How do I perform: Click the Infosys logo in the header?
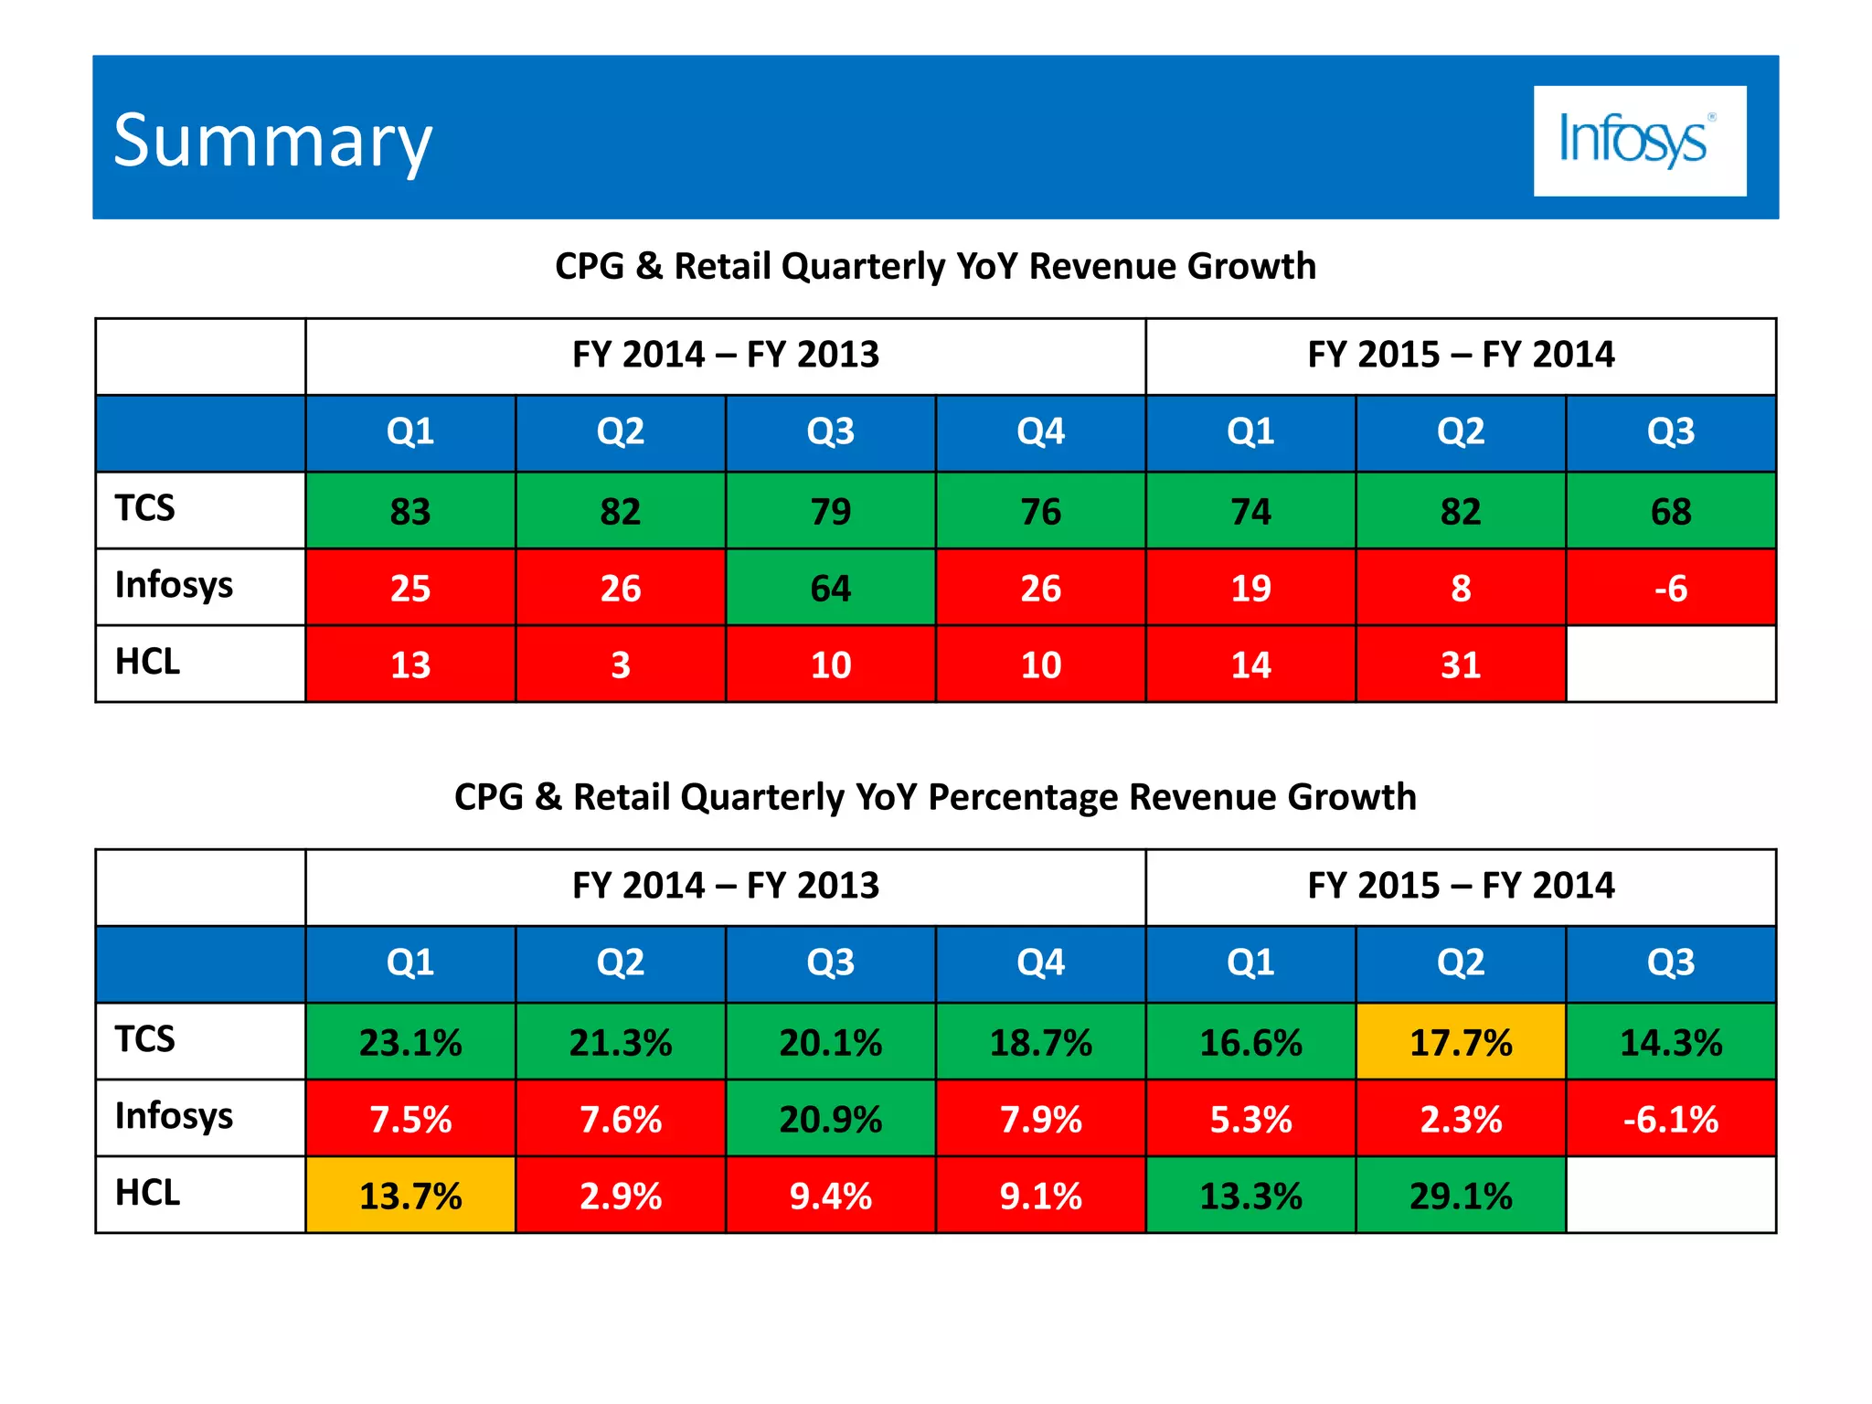pos(1639,141)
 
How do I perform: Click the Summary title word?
pos(272,142)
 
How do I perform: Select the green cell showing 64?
pos(830,588)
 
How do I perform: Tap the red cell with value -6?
pos(1670,588)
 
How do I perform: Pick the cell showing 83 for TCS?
pos(410,511)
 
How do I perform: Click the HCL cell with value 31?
pos(1460,665)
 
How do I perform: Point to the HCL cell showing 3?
pos(621,665)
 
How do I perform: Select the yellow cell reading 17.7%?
pos(1460,1042)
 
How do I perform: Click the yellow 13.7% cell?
pos(410,1196)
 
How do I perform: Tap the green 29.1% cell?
pos(1460,1196)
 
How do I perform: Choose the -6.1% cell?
pos(1670,1119)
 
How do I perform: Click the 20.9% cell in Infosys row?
pos(830,1119)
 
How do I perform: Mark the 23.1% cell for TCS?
pos(410,1042)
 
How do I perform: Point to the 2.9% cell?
pos(621,1196)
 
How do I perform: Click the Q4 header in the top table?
pos(1040,431)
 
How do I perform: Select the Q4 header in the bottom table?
pos(1040,963)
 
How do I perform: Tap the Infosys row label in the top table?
pos(174,585)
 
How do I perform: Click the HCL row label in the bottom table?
pos(147,1193)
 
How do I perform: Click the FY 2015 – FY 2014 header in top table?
pos(1460,355)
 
